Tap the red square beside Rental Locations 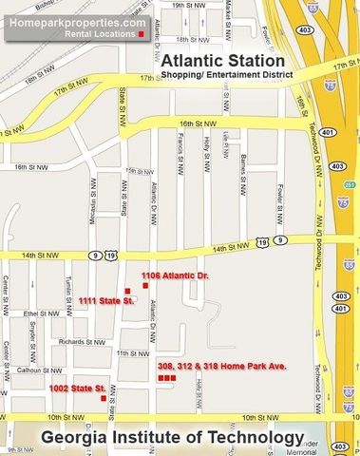click(x=142, y=34)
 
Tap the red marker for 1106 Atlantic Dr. click(x=144, y=285)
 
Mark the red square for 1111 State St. click(x=127, y=291)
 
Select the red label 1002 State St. click(x=77, y=389)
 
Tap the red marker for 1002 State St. click(x=103, y=398)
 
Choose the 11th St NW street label click(x=127, y=353)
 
